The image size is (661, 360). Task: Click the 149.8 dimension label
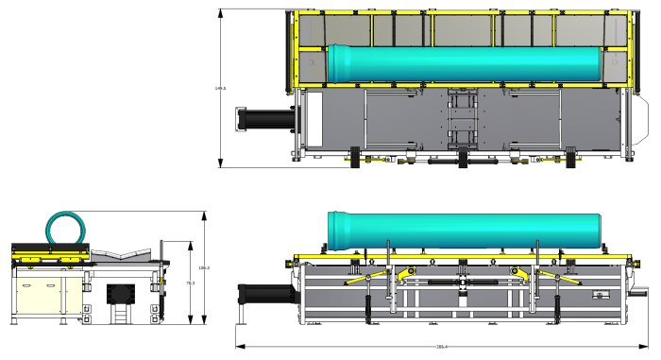220,89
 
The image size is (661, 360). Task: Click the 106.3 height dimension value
204,268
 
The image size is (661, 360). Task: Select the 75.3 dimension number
190,283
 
